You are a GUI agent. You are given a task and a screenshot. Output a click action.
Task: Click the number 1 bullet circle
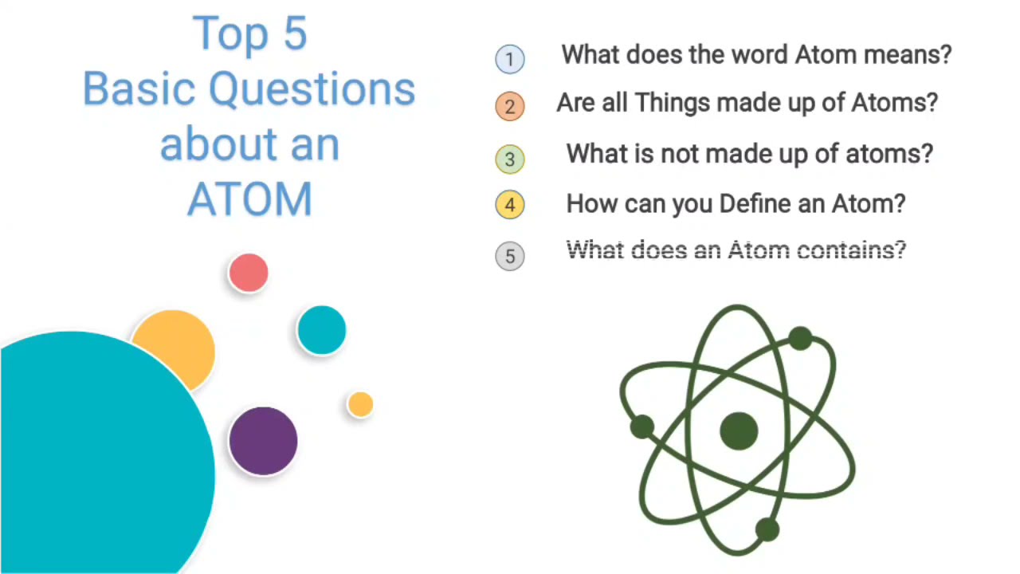click(510, 59)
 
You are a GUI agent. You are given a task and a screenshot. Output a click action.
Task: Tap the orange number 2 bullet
click(510, 106)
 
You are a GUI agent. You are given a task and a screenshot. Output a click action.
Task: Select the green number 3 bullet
click(510, 158)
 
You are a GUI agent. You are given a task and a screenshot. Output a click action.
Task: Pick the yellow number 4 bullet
click(510, 205)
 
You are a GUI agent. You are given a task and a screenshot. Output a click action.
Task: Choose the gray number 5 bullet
click(510, 256)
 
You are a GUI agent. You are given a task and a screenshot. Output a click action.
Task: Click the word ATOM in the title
click(249, 200)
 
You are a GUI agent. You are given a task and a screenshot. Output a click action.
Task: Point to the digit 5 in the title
click(294, 34)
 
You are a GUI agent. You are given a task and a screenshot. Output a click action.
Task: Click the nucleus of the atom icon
click(739, 431)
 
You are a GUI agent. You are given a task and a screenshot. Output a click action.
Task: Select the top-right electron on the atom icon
click(800, 339)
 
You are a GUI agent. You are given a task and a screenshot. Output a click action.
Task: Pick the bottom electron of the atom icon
click(767, 529)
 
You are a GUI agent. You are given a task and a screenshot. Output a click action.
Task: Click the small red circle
click(249, 273)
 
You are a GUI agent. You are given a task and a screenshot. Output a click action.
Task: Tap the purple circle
click(263, 441)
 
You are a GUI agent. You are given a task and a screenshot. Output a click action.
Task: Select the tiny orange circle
click(360, 405)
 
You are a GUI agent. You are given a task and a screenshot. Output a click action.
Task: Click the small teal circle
click(321, 330)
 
